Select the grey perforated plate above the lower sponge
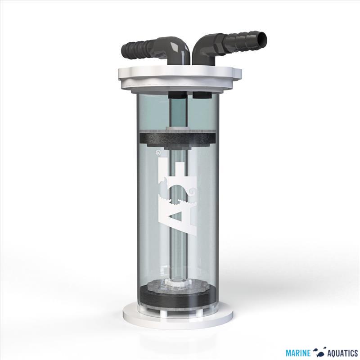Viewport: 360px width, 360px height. (180, 287)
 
